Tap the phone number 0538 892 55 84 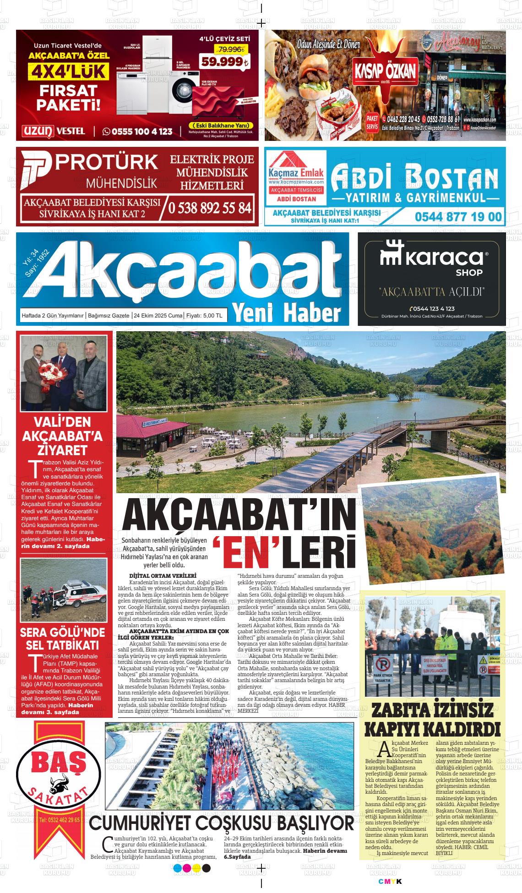click(210, 208)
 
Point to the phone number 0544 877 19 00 click(458, 217)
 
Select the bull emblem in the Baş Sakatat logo click(58, 770)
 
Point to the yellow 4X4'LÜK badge click(69, 72)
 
